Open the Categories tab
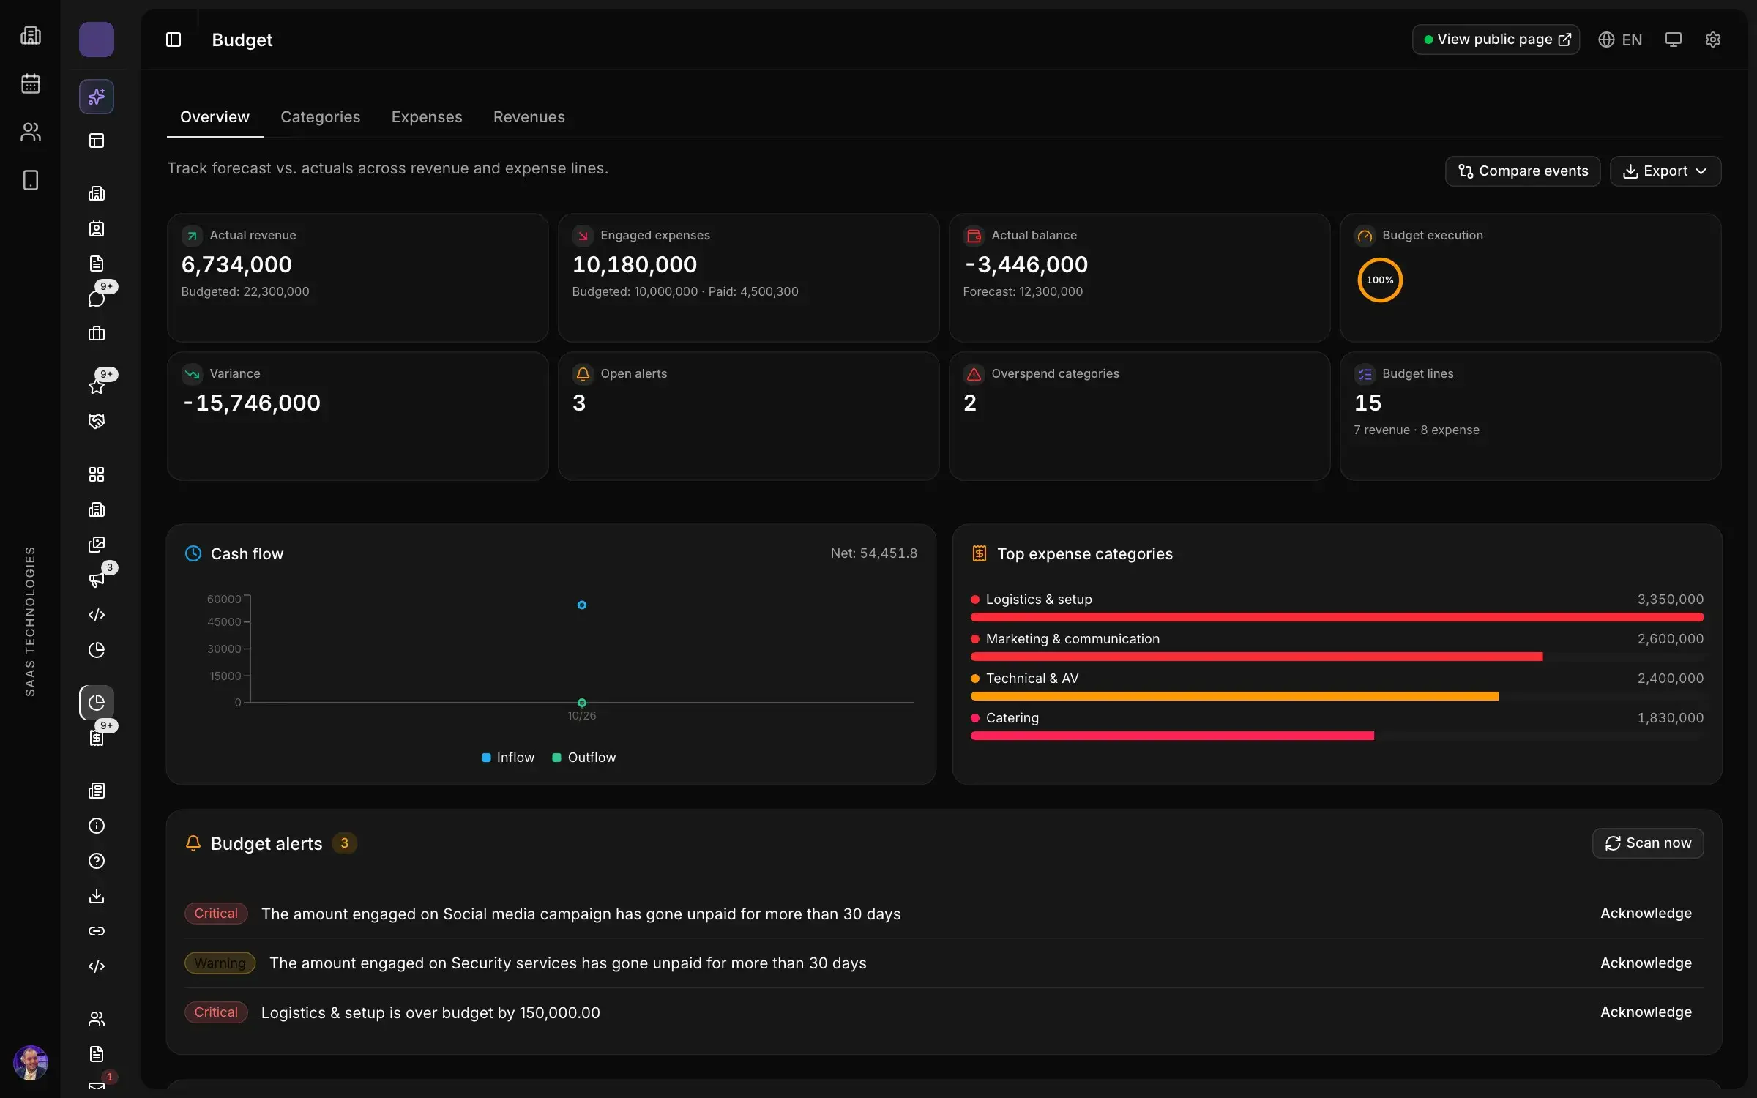pos(320,117)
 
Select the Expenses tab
pos(427,117)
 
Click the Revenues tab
pos(529,117)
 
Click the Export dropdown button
pos(1665,171)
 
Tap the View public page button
pos(1495,40)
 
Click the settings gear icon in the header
pos(1712,40)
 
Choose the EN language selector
pos(1620,40)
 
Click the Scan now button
pos(1647,843)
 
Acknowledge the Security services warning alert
pos(1646,963)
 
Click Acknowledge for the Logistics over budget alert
pos(1646,1012)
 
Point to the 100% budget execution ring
pos(1380,259)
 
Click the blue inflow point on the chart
pos(581,605)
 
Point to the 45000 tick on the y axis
pos(224,622)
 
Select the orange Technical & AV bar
pos(1234,696)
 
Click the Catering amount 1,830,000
pos(1670,718)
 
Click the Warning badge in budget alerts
pos(220,963)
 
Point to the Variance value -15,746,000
pos(251,403)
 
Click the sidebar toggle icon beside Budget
pos(174,40)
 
